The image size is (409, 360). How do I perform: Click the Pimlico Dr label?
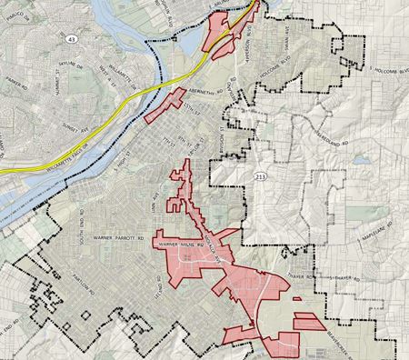(x=11, y=11)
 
